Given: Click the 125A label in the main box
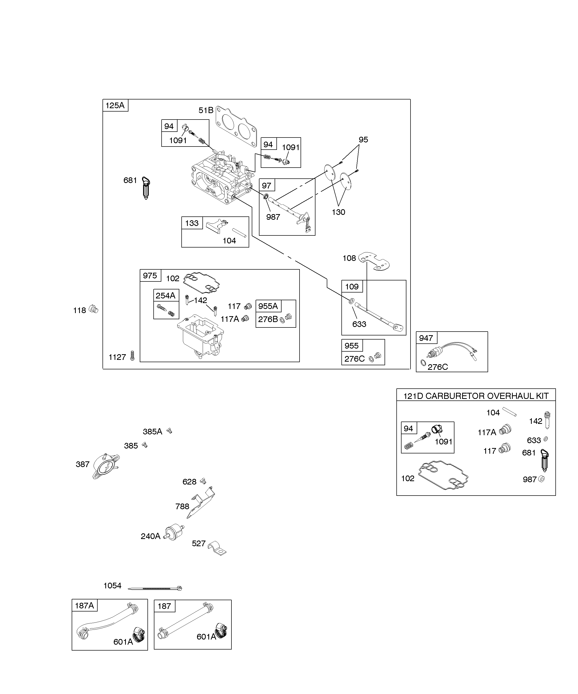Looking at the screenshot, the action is [115, 105].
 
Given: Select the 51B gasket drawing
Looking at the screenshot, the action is [236, 126].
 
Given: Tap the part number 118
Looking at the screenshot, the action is [79, 310].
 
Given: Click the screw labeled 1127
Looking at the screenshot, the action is [133, 355].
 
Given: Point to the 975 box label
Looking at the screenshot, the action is [150, 276].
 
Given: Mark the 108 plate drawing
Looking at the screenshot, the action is [374, 260].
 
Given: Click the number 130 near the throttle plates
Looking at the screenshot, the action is [338, 212].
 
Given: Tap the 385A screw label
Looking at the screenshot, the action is [152, 432].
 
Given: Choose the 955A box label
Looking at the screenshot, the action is [268, 306].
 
